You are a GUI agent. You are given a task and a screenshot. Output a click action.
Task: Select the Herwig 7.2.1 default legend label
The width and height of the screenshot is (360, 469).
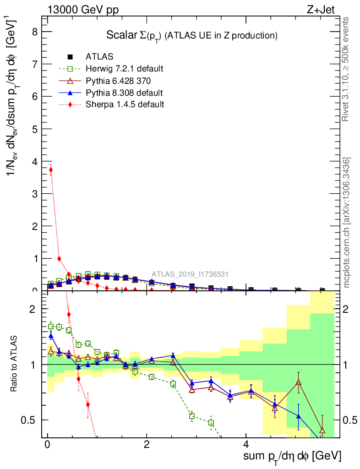[x=124, y=69]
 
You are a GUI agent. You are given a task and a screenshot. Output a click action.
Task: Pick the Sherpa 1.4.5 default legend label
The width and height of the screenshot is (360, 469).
[x=125, y=104]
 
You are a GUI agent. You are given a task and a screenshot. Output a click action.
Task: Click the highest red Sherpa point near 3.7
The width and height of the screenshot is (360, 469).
[x=51, y=170]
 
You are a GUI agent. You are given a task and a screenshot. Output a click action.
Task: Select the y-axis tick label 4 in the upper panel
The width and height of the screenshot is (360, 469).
[x=34, y=162]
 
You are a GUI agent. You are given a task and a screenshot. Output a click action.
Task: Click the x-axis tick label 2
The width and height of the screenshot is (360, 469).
[x=147, y=445]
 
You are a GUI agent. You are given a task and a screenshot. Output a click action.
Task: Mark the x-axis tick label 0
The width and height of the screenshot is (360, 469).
[x=48, y=445]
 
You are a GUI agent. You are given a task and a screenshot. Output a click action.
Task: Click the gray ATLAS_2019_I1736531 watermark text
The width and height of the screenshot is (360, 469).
[x=190, y=274]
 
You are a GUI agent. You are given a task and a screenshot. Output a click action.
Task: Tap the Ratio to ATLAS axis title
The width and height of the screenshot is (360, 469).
[x=14, y=364]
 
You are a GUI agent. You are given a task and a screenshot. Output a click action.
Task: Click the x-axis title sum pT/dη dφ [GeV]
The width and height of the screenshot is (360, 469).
[x=292, y=456]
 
